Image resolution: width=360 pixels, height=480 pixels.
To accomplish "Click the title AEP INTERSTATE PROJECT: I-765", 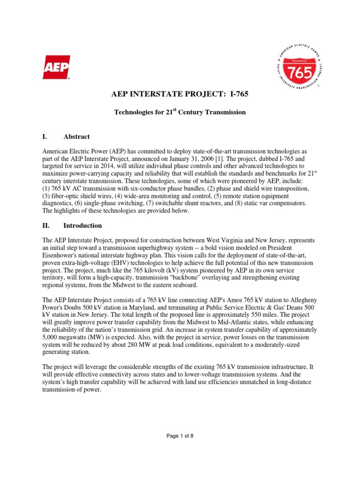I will click(180, 95).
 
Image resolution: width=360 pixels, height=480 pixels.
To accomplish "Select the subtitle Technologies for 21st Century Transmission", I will click(180, 112).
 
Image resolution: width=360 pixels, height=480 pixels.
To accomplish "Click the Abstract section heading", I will click(76, 136).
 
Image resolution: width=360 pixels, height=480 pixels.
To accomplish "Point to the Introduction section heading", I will click(82, 225).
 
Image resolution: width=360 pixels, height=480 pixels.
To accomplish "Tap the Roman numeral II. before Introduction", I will click(46, 225).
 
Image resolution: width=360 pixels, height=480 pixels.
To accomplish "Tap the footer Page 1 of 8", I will click(180, 436).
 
